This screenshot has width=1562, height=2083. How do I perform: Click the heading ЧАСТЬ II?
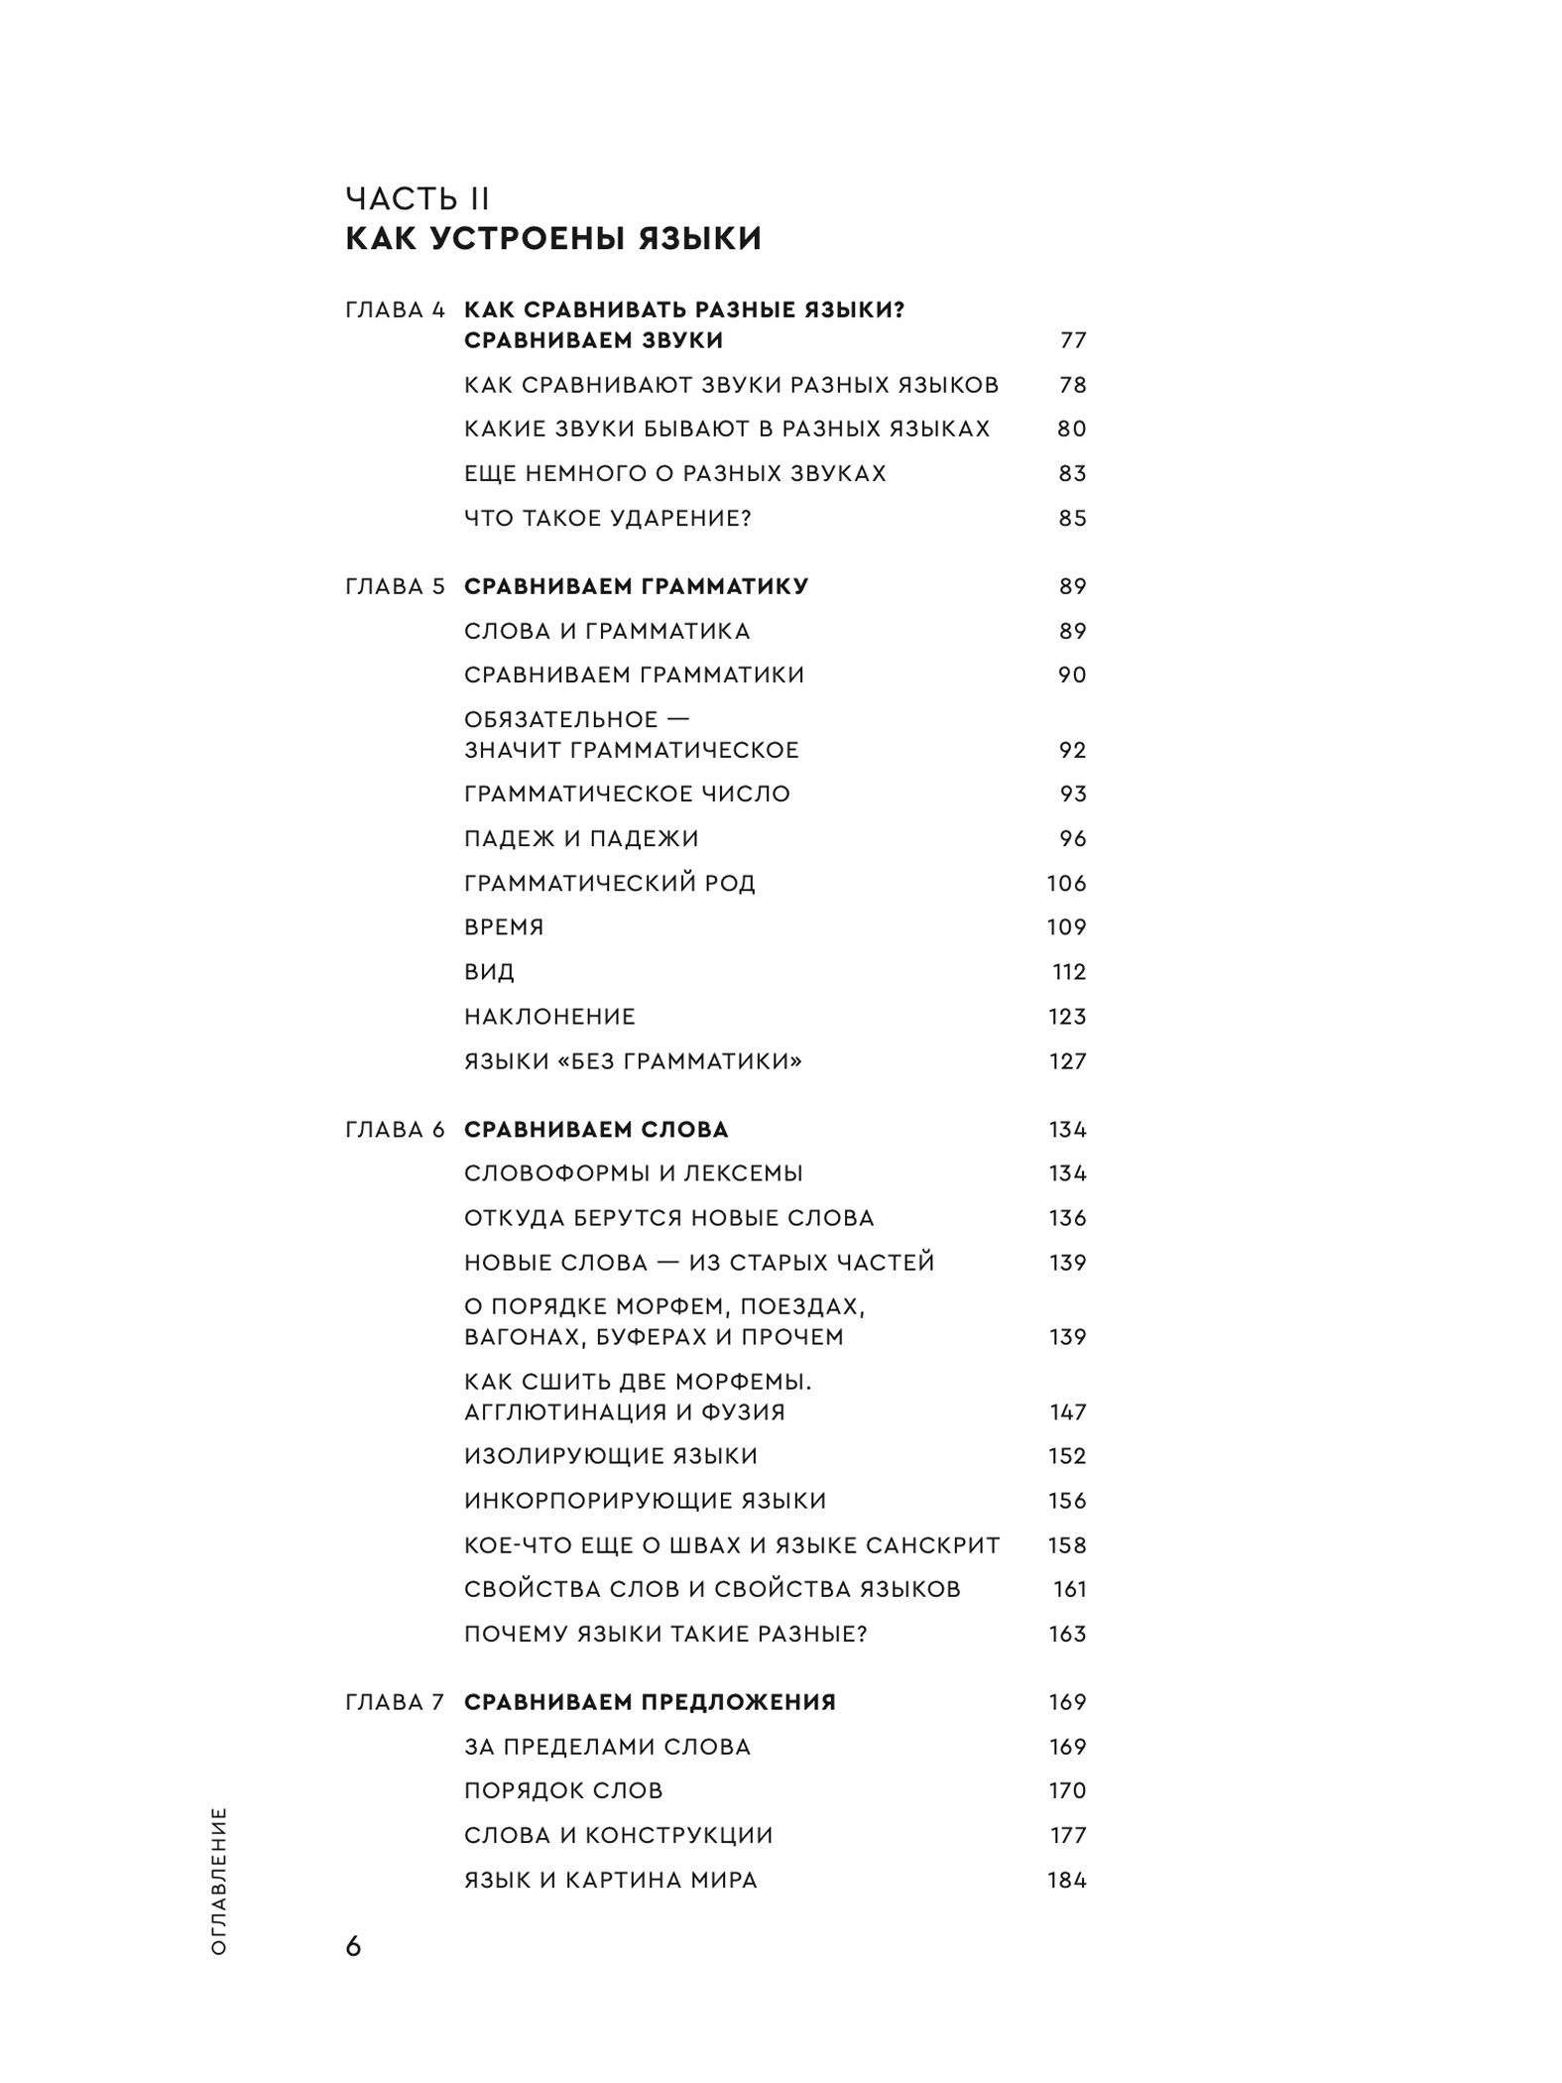418,198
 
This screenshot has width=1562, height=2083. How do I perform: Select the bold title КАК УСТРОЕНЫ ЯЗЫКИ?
553,239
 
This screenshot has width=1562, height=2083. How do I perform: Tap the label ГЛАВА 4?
396,309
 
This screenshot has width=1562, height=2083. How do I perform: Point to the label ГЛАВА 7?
396,1702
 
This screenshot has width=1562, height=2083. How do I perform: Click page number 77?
1073,340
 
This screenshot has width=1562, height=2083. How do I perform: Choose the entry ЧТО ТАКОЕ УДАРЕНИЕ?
608,518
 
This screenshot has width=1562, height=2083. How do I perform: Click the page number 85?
1073,518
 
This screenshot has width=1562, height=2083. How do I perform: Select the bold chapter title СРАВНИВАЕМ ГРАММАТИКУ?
636,586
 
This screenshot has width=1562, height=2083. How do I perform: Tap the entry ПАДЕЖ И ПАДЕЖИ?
581,838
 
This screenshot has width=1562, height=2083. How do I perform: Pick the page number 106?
1067,883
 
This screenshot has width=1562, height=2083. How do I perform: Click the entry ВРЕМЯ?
504,926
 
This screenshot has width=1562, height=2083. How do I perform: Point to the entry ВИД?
489,971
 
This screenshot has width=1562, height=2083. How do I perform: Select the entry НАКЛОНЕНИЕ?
549,1016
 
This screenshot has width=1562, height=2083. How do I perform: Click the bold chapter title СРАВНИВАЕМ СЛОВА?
596,1129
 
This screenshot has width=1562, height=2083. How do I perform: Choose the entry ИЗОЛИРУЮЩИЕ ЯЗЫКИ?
611,1456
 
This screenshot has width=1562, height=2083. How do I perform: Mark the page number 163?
1067,1634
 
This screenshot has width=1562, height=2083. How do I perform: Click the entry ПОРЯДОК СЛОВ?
563,1790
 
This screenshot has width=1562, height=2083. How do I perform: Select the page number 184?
1067,1880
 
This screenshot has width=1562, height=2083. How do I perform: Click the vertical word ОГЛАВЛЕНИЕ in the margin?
219,1881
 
